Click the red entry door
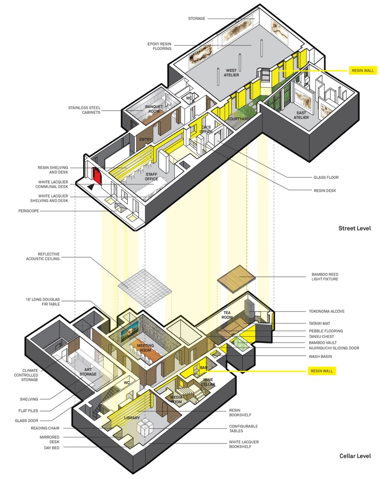point(97,176)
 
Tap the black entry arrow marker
point(91,186)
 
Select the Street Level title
point(354,228)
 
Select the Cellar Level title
point(355,456)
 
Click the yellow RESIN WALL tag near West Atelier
point(362,71)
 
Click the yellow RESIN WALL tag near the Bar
point(321,371)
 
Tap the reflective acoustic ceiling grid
point(145,288)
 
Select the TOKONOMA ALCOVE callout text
point(327,311)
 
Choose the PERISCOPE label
point(29,211)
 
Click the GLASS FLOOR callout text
point(326,177)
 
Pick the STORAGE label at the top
point(196,19)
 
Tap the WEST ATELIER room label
point(231,73)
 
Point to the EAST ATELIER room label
point(301,115)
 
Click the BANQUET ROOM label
point(154,109)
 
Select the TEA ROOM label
point(227,315)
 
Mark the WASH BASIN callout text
point(320,356)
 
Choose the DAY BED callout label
point(52,448)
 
